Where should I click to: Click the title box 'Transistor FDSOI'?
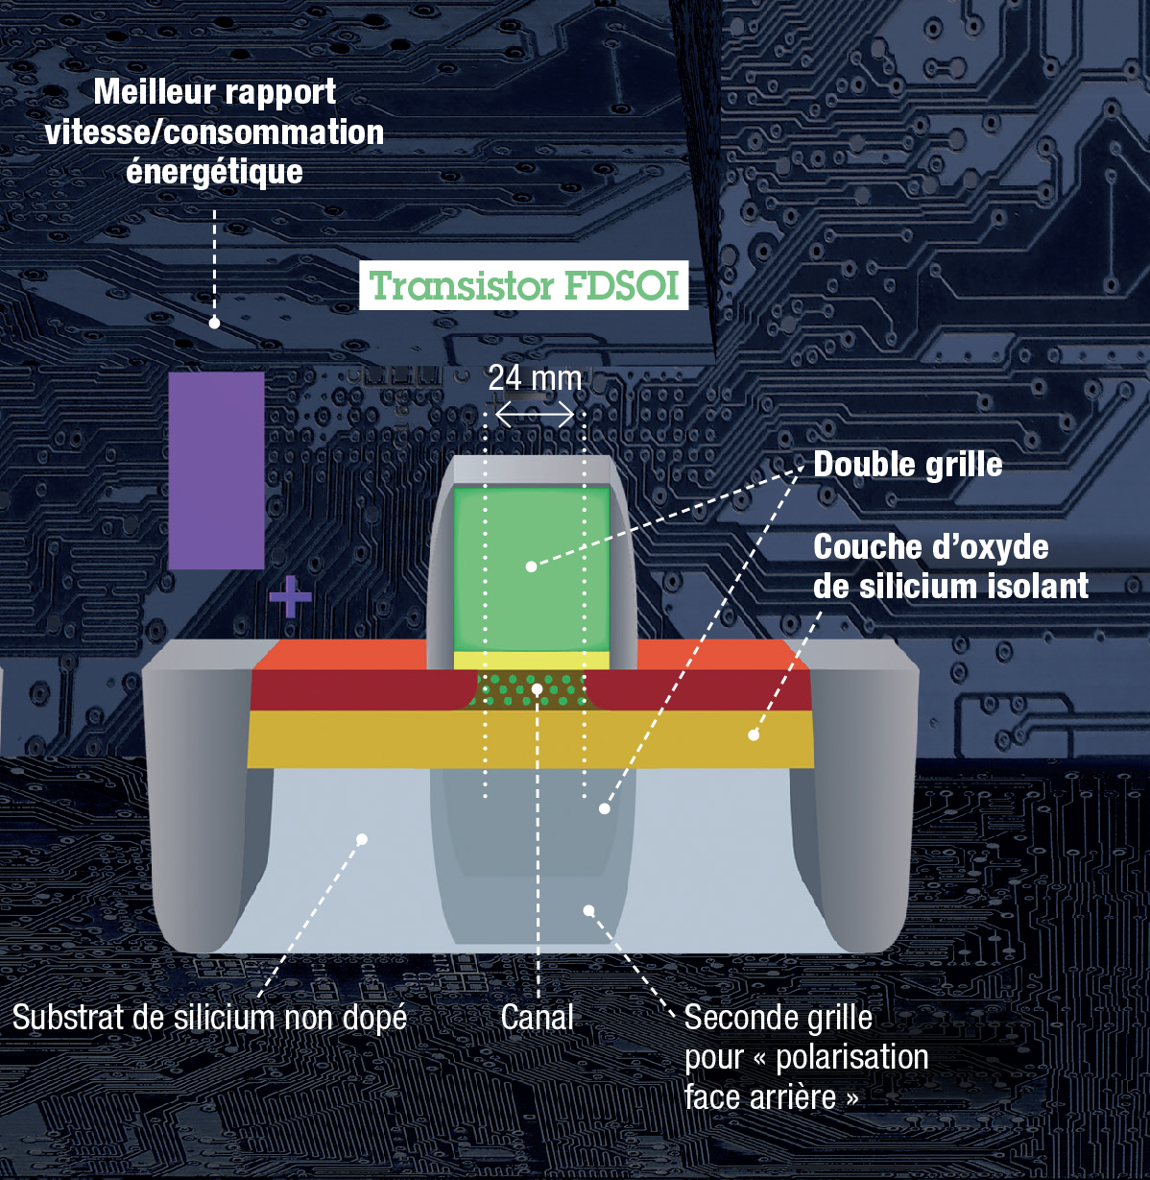pos(524,285)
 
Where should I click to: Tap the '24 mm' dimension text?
pos(535,378)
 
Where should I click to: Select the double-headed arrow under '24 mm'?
pos(535,415)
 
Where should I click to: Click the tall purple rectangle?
pos(216,470)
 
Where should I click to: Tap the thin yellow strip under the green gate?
pos(531,660)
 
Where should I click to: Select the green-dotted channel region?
pos(531,689)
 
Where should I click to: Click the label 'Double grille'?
pos(907,465)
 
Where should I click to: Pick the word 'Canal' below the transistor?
pos(538,1017)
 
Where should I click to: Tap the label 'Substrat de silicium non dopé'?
pos(209,1017)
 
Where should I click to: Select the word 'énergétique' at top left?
pos(214,172)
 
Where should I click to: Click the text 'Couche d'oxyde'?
pos(930,547)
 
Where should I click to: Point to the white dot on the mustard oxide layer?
pos(754,735)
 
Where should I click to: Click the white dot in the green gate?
pos(531,566)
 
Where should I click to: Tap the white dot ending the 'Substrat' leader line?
pos(362,839)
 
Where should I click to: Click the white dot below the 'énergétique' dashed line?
pos(214,324)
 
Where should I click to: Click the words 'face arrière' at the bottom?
pos(759,1096)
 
